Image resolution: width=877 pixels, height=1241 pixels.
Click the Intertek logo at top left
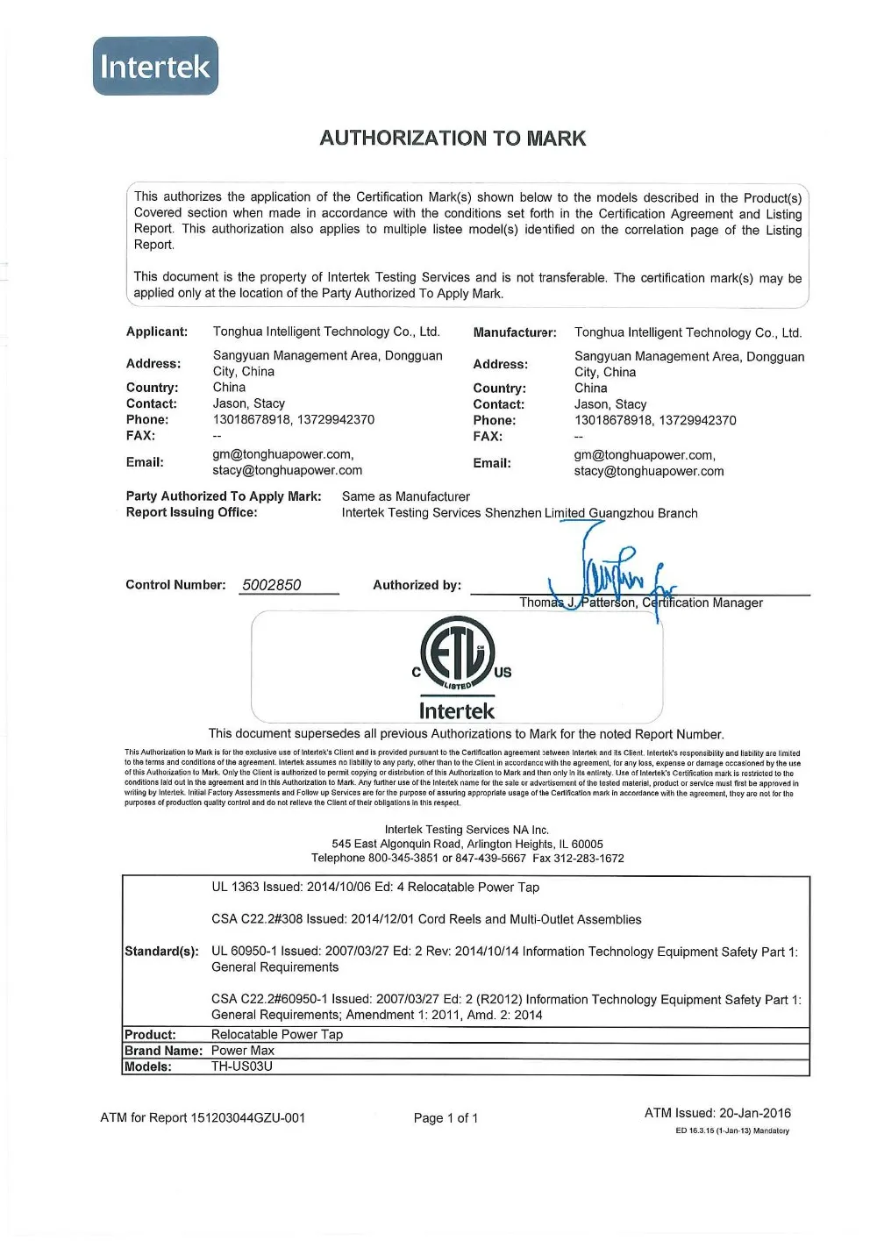point(155,66)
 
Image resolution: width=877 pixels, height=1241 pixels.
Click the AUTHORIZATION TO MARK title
point(453,138)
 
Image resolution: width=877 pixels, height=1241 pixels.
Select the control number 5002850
point(272,585)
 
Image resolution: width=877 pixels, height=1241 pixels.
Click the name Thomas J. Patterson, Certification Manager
point(640,603)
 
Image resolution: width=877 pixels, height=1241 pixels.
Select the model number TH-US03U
point(242,1066)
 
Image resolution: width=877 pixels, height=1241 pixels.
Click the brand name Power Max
point(243,1051)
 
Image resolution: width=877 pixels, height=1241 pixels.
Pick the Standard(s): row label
point(161,952)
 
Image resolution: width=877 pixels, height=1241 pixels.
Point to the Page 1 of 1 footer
point(446,1117)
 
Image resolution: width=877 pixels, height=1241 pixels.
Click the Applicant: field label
point(157,332)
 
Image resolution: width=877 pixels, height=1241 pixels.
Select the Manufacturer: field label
point(515,332)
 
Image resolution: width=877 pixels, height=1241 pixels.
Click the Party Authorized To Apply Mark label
point(224,496)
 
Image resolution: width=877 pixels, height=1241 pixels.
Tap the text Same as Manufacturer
point(405,496)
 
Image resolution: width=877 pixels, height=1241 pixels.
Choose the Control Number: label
point(175,585)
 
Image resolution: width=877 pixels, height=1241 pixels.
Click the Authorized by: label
point(417,585)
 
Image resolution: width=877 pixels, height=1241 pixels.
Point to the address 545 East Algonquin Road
point(467,844)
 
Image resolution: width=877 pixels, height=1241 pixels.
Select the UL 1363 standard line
point(375,888)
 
